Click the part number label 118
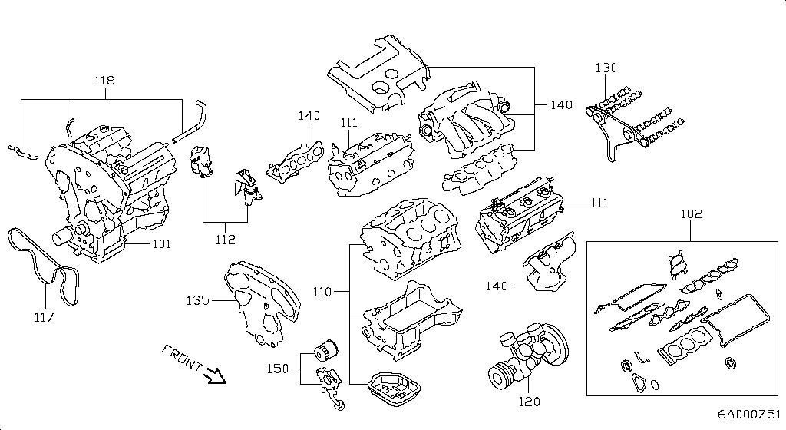coord(104,80)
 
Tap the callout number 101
coord(161,244)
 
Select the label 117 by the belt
coord(44,316)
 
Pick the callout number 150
coord(277,369)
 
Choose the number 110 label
coord(323,293)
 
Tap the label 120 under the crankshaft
coord(530,401)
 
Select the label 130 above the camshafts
coord(606,68)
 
